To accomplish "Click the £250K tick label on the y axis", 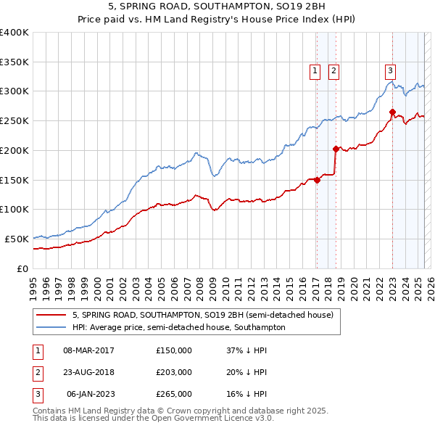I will [x=14, y=121].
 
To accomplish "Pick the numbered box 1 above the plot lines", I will [x=315, y=70].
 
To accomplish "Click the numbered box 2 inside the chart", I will [x=333, y=70].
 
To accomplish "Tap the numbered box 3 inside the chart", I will [x=390, y=70].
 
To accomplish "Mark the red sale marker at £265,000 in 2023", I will [x=392, y=112].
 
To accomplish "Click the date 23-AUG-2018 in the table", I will [x=89, y=372].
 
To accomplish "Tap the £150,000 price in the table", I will [x=174, y=350].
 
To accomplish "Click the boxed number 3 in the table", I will [x=36, y=394].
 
